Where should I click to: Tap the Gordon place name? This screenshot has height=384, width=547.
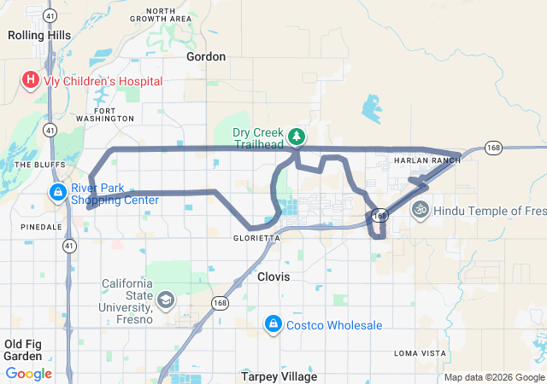click(x=206, y=56)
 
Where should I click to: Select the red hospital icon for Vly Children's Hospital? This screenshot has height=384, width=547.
click(x=31, y=81)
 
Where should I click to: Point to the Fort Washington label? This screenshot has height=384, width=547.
click(x=105, y=114)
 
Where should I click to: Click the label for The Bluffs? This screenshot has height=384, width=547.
click(x=34, y=165)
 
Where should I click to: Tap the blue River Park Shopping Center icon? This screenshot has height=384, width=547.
click(x=57, y=193)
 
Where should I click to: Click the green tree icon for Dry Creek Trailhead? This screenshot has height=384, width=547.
click(x=297, y=137)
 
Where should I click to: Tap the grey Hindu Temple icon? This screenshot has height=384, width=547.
click(x=420, y=209)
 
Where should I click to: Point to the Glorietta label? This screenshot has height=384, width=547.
click(x=256, y=239)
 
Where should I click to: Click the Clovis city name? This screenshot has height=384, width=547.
click(x=273, y=277)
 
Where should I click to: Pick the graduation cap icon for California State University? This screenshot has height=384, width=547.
click(x=165, y=300)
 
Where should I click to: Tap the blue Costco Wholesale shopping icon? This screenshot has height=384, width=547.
click(x=273, y=324)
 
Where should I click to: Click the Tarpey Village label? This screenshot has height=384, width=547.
click(x=279, y=376)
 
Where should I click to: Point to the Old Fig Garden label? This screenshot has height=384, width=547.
click(x=23, y=350)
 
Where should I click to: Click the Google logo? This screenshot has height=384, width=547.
click(x=29, y=374)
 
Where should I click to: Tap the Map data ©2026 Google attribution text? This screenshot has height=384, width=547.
click(x=495, y=377)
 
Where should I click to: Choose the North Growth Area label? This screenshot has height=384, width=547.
click(x=168, y=15)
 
